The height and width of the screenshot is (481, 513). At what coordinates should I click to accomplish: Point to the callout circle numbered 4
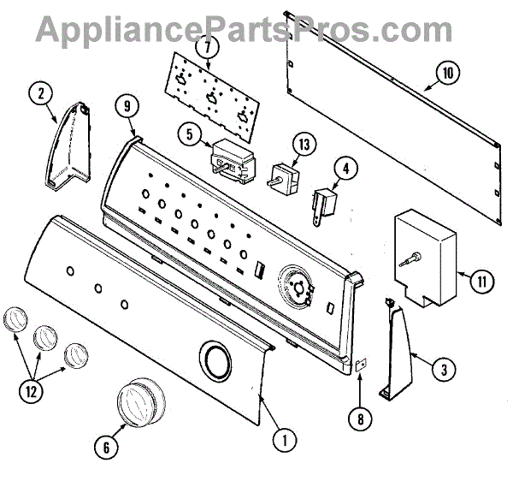(345, 169)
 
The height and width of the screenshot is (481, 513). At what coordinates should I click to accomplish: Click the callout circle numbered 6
(105, 445)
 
